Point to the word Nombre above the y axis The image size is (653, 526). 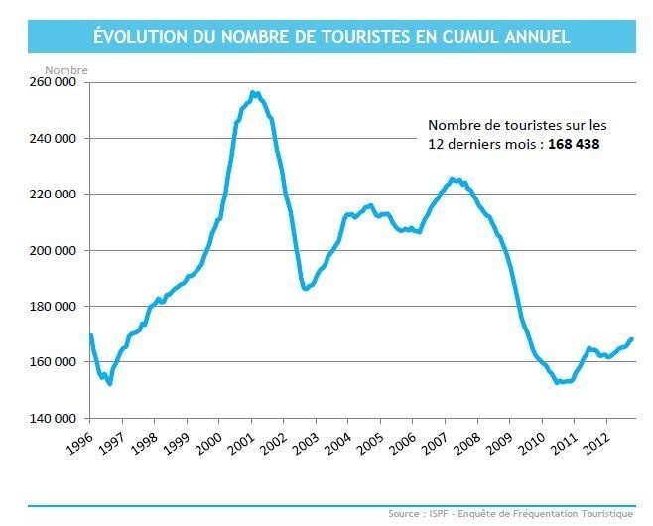[66, 70]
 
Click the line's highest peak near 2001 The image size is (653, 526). [254, 93]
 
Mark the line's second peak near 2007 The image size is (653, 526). [453, 179]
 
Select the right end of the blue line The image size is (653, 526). [632, 339]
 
